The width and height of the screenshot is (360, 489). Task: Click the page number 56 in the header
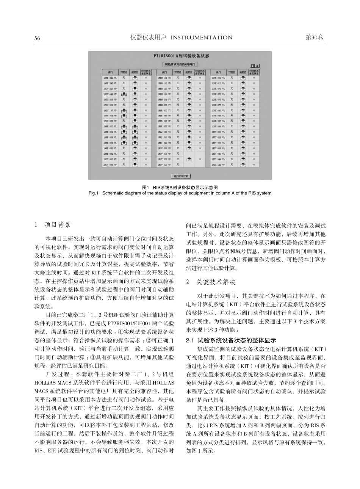click(37, 38)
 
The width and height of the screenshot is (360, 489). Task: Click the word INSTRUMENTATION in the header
click(202, 38)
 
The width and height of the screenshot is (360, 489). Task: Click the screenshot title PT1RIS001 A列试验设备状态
click(181, 55)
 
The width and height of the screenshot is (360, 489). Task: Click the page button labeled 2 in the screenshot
click(257, 66)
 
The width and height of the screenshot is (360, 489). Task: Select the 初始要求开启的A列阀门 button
click(180, 65)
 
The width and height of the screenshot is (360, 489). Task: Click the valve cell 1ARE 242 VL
click(110, 77)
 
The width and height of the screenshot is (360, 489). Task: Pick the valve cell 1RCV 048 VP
click(110, 94)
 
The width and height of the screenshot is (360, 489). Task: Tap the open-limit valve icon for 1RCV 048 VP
click(124, 94)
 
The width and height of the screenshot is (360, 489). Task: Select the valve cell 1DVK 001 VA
click(219, 77)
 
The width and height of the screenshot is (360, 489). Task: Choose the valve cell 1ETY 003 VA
click(219, 132)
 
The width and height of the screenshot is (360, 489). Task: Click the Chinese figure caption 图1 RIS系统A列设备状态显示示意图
click(180, 188)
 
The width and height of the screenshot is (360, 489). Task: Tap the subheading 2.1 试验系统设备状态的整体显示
click(232, 340)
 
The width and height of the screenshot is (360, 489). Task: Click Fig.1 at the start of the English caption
click(93, 193)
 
